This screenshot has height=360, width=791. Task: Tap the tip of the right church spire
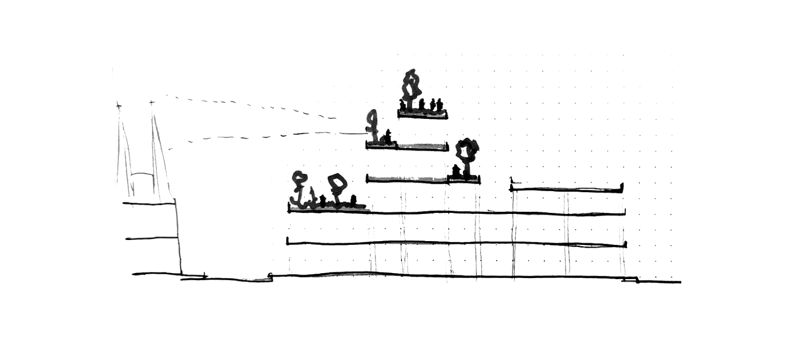pos(151,100)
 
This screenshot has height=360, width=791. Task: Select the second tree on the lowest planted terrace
pos(338,187)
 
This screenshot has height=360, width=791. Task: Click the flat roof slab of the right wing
pos(568,188)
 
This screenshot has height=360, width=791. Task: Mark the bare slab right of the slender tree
pos(421,145)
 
